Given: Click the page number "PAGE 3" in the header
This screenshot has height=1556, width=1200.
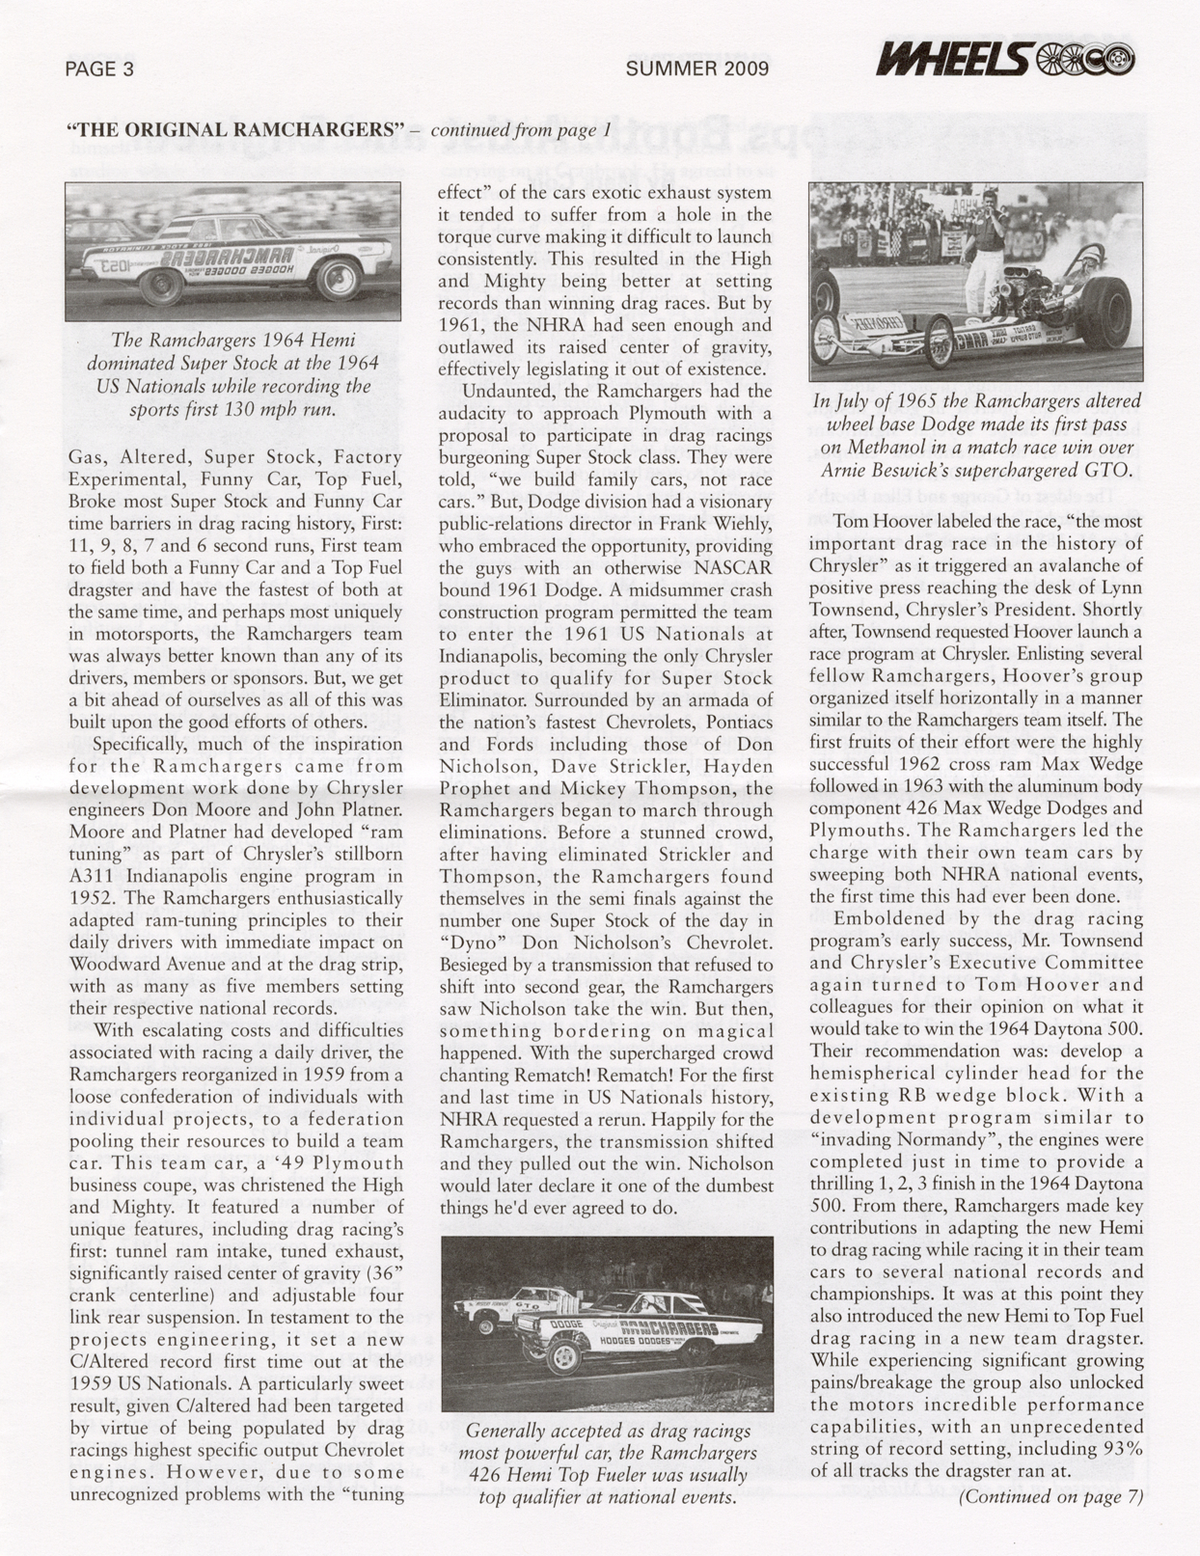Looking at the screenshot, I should (x=99, y=69).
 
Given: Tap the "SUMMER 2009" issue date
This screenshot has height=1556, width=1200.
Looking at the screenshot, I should (x=696, y=68).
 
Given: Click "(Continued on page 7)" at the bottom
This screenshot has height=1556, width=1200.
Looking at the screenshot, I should (x=1050, y=1496).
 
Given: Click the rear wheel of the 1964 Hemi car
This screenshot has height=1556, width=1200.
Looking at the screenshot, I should (x=339, y=279).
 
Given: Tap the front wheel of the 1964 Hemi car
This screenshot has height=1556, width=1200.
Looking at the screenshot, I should (x=160, y=286).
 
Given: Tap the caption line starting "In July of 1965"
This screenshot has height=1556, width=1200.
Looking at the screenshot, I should (x=975, y=401).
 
